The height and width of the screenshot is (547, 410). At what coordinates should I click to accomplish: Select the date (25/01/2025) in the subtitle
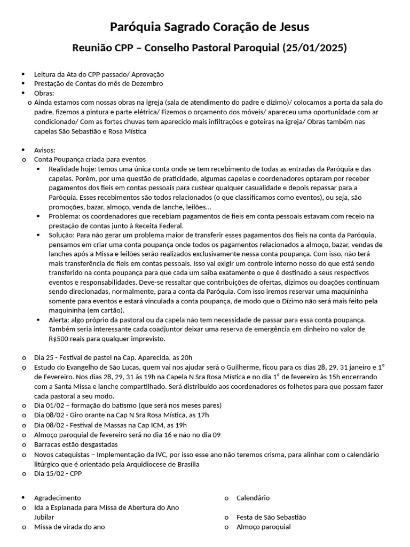coord(315,48)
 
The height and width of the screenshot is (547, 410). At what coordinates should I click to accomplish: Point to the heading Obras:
coord(44,92)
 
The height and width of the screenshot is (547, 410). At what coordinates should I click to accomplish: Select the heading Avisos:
coord(45,150)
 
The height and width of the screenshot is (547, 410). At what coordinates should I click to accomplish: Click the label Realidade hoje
coord(69,169)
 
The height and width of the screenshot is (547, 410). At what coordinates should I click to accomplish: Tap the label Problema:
coord(64,216)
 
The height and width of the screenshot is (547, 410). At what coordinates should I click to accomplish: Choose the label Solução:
coord(62,236)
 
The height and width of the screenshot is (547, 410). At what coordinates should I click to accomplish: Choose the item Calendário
coord(253,498)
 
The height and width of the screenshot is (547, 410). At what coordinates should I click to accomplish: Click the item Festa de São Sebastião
coord(271,517)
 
